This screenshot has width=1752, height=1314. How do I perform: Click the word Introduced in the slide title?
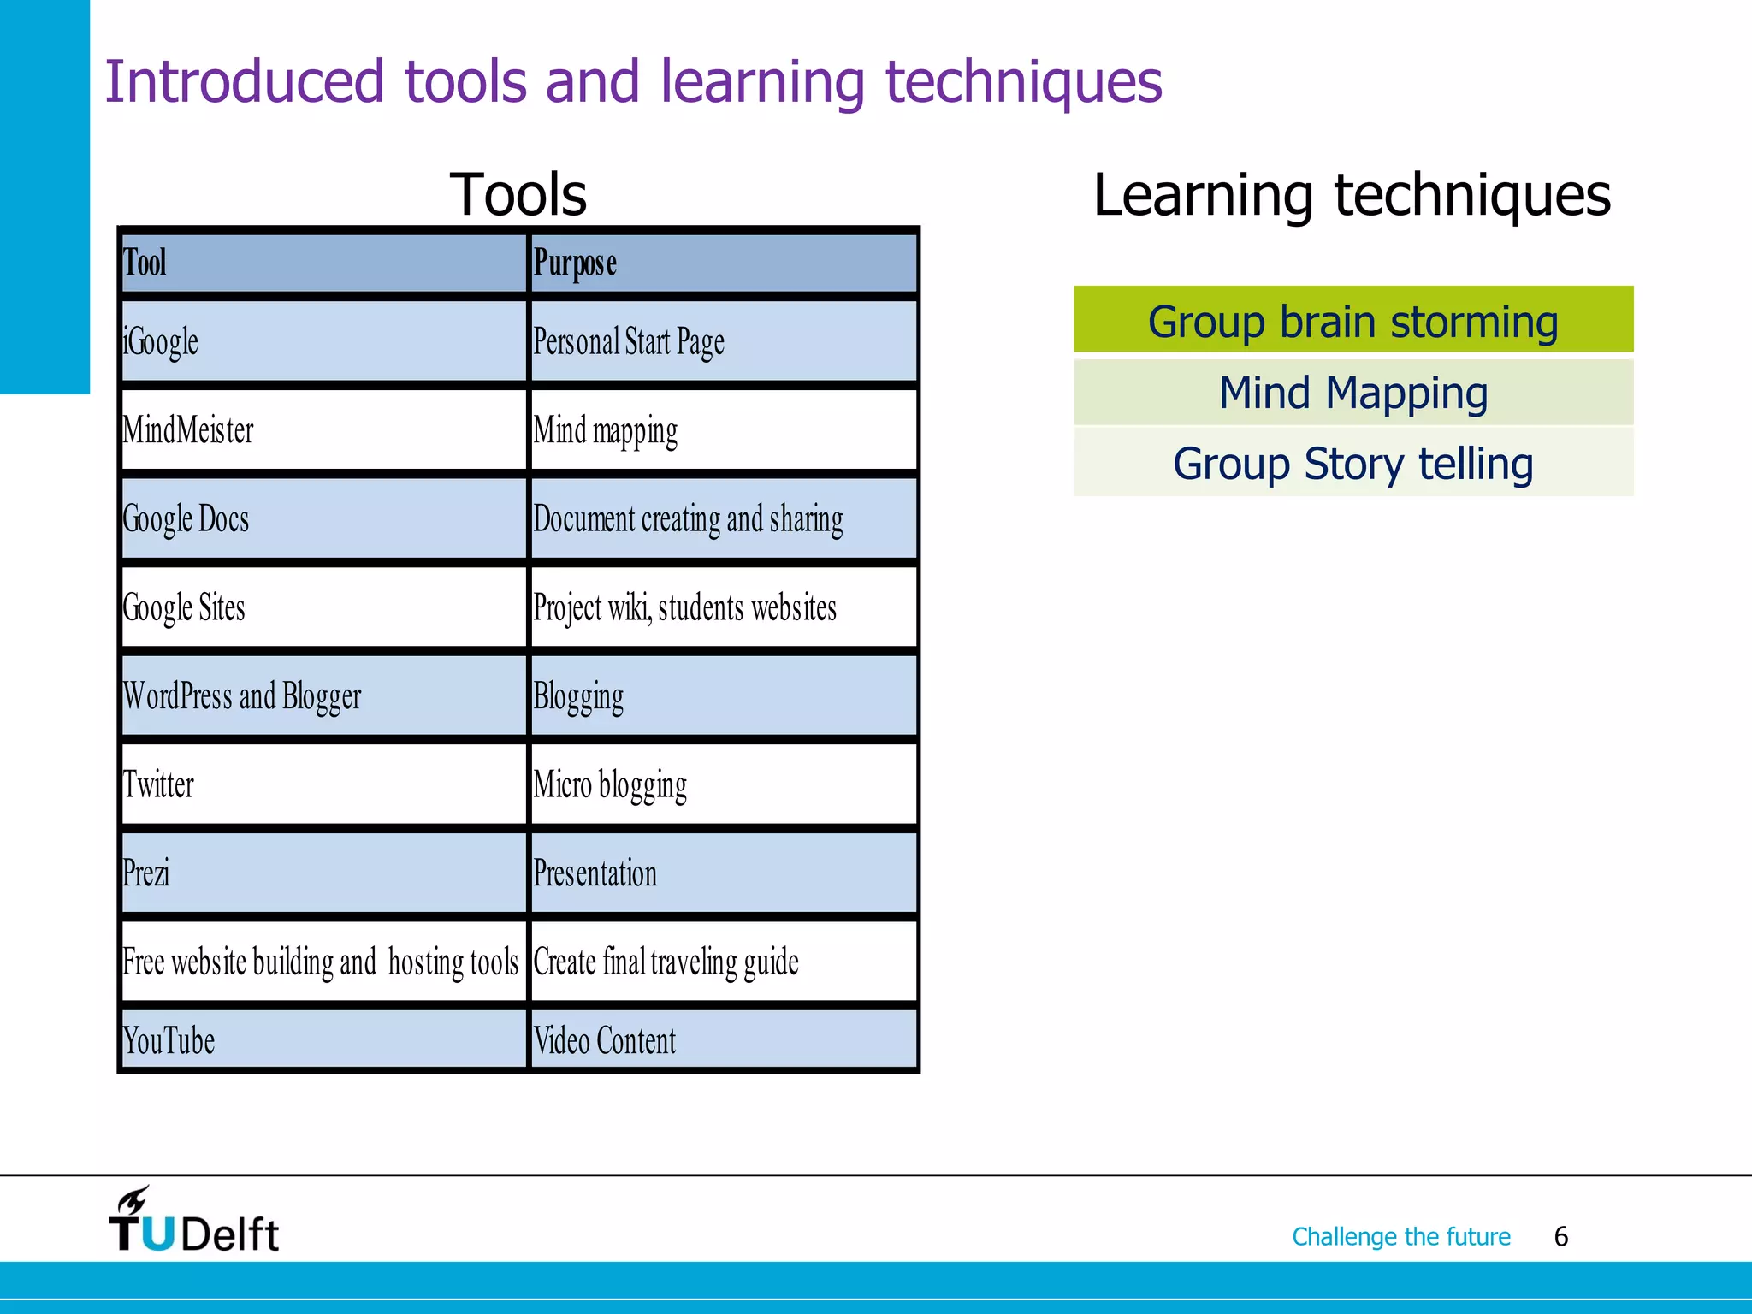pos(245,82)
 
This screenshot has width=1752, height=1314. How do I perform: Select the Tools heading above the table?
pos(518,195)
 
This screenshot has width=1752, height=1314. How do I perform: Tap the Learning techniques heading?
pos(1352,195)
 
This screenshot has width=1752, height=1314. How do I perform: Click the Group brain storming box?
pos(1353,321)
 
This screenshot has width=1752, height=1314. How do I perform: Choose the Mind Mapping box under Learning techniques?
pos(1353,393)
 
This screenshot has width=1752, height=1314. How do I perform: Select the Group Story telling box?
pos(1353,464)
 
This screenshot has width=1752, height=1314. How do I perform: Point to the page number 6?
pos(1561,1237)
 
